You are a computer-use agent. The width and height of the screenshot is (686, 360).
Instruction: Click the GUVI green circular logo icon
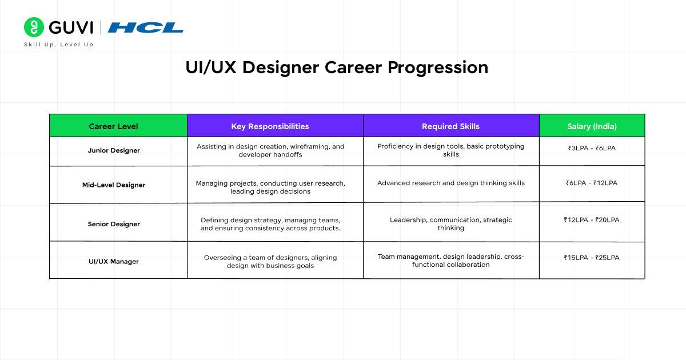coord(34,27)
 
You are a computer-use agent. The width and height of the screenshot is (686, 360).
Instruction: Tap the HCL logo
coord(145,27)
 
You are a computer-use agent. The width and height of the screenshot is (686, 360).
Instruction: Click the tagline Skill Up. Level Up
coord(58,45)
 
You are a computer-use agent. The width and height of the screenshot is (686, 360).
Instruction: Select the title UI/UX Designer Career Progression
coord(337,67)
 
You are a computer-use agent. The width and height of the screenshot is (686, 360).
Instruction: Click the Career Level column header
coord(113,126)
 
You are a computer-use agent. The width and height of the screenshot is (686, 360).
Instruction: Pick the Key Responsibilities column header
coord(270,126)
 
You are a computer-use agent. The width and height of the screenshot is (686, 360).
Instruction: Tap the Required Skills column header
coord(450,126)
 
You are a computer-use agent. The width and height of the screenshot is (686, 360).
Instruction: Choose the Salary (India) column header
coord(592,126)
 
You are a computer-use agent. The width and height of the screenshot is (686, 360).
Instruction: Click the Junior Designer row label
coord(114,151)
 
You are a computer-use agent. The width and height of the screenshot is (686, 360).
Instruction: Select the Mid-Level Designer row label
coord(114,185)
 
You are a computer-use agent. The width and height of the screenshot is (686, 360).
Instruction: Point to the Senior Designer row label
coord(114,224)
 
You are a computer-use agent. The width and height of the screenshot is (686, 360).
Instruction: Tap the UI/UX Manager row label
coord(114,262)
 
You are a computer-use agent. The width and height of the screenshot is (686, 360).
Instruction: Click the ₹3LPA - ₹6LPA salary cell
coord(592,148)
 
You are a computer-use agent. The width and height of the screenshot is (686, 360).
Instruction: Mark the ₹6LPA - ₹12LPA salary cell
coord(592,183)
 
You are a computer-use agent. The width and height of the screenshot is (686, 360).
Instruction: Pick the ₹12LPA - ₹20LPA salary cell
coord(592,220)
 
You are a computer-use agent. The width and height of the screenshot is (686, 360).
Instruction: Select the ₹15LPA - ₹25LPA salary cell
coord(592,258)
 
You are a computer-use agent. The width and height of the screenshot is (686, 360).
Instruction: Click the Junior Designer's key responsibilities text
coord(270,151)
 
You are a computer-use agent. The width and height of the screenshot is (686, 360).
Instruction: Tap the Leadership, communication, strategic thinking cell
coord(451,224)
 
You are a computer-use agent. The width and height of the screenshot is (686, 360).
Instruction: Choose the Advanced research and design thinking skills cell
coord(451,183)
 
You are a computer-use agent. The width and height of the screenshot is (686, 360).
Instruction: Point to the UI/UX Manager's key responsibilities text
coord(270,262)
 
